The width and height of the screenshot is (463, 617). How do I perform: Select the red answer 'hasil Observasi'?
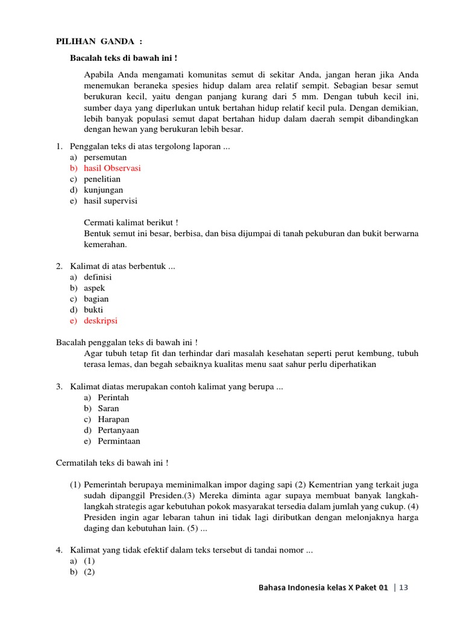click(x=112, y=168)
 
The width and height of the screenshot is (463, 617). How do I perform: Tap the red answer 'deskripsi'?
click(x=101, y=321)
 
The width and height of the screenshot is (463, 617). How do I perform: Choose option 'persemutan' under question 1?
click(x=105, y=157)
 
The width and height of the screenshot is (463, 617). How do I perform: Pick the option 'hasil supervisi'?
click(x=115, y=201)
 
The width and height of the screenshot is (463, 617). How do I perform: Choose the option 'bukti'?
click(x=93, y=310)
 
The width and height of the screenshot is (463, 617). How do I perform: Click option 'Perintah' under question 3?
click(x=113, y=398)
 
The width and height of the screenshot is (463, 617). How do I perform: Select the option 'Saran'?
click(x=109, y=409)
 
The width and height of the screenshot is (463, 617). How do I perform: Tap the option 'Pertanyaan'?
click(x=118, y=430)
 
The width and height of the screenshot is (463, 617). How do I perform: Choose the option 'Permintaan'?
click(x=119, y=441)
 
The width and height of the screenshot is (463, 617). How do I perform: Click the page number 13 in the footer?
click(x=403, y=587)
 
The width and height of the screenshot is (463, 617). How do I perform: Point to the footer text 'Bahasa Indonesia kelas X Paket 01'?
click(x=323, y=587)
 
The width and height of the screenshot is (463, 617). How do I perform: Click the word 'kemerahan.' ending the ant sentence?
click(x=106, y=244)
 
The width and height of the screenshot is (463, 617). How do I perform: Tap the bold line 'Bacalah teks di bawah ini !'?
click(x=124, y=58)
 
